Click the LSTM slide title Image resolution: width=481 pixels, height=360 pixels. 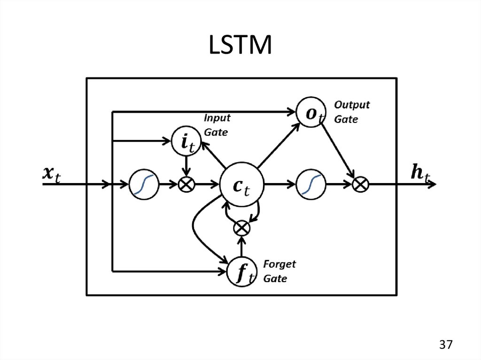[x=240, y=46]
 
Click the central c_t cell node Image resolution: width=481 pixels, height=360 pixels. [x=242, y=184]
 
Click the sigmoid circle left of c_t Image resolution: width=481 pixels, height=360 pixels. [x=144, y=184]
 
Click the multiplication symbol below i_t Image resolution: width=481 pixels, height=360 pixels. [x=187, y=184]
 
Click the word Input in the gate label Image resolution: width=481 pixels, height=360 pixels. [x=217, y=118]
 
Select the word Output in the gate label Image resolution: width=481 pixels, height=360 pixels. [x=352, y=104]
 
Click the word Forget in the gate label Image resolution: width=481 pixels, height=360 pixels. [x=279, y=264]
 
